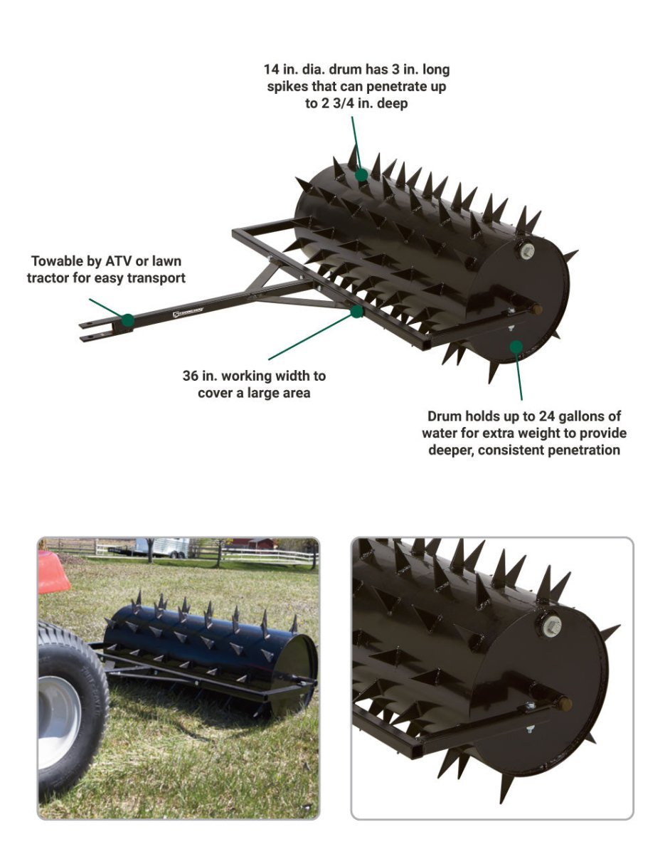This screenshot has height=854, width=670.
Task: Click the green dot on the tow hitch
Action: pos(127,320)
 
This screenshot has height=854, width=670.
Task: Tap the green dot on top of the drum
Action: pos(362,175)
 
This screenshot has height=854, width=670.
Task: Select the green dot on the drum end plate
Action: pos(516,347)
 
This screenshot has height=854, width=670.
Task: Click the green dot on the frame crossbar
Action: pos(356,312)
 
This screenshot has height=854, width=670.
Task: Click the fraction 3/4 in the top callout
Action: pos(346,103)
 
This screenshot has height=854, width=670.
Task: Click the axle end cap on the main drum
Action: pos(537,309)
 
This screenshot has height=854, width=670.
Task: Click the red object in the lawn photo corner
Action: pos(53,572)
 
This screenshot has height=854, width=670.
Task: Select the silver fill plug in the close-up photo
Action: pos(551,626)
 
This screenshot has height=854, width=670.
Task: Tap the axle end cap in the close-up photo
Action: pos(563,702)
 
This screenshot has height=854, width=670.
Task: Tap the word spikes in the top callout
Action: pos(288,86)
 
